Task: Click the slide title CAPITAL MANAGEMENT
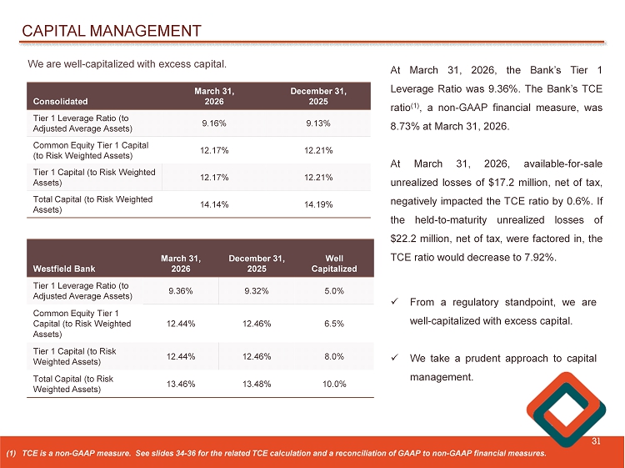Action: point(111,32)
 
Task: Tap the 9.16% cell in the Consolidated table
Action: point(214,123)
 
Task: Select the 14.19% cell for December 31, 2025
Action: point(317,204)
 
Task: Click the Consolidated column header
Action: point(60,101)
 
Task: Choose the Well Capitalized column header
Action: point(334,264)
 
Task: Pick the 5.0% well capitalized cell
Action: point(334,290)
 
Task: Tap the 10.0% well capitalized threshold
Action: point(334,384)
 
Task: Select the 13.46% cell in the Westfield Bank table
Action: point(181,384)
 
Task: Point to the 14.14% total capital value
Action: point(214,204)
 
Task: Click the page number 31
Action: point(596,441)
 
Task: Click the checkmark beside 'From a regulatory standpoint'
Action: point(395,302)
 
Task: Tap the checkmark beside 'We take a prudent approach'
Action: point(395,359)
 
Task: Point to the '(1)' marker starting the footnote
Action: point(11,453)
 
